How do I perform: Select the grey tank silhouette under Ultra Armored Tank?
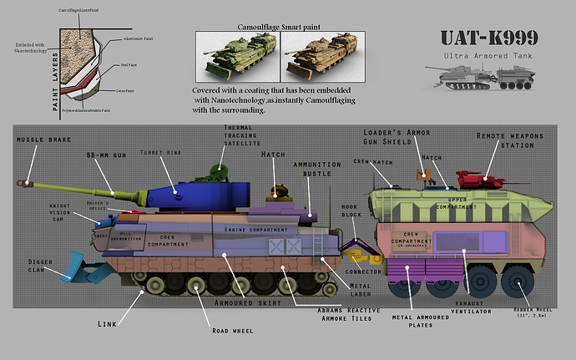point(487,82)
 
